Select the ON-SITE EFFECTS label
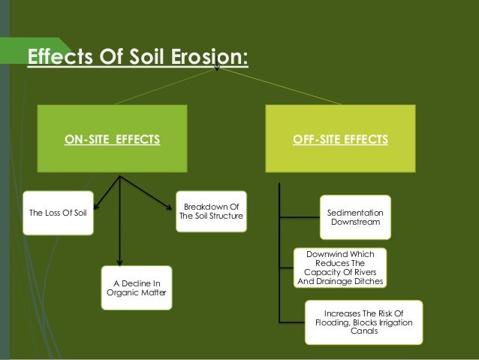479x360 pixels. pos(113,139)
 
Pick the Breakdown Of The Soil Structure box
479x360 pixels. pos(212,212)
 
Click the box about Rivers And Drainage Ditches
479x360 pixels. pos(340,268)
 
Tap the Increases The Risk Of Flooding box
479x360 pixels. pos(364,322)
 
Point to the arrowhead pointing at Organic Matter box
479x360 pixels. pos(119,260)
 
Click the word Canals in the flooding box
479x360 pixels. pos(364,332)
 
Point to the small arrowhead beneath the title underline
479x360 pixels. pos(217,72)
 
